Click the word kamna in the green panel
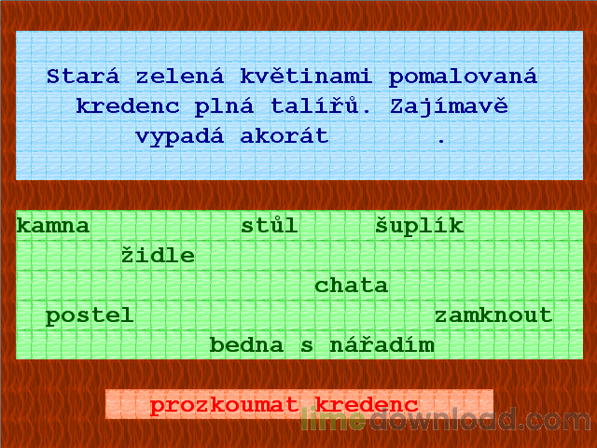53,226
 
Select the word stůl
270,226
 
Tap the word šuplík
419,226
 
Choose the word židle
158,256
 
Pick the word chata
352,286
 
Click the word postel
90,315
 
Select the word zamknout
493,315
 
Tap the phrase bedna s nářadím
322,345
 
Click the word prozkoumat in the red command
225,405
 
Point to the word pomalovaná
464,77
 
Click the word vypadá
180,136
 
